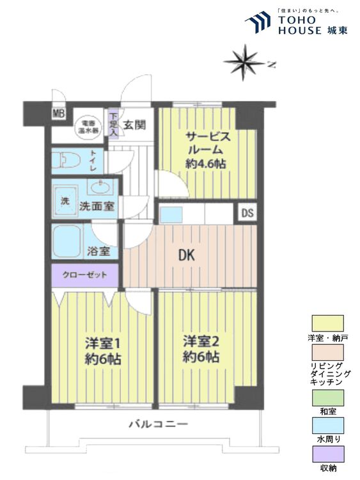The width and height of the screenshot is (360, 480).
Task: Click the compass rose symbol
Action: [x=245, y=62]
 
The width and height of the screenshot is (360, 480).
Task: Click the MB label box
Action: [x=59, y=115]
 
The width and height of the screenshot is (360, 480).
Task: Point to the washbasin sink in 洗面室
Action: [x=98, y=188]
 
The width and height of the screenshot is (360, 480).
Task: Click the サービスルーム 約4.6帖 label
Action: [x=205, y=149]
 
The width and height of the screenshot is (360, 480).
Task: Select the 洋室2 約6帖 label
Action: [x=199, y=349]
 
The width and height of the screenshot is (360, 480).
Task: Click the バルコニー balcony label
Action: [x=157, y=424]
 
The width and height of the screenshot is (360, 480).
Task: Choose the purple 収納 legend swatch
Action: [x=327, y=456]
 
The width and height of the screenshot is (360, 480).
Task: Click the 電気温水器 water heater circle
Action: [x=86, y=125]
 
